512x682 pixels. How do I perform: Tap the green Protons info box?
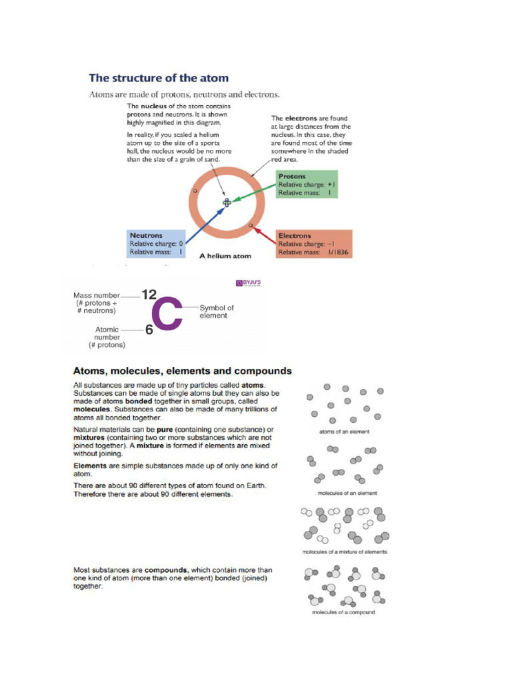[x=306, y=184]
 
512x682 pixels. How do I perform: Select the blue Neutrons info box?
[x=156, y=244]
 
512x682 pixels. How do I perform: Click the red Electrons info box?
[x=313, y=244]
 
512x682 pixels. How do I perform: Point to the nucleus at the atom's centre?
[x=226, y=202]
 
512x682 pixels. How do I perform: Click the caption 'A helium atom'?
[x=225, y=255]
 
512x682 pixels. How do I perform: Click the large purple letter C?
[x=166, y=314]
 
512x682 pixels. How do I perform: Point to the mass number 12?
[x=149, y=294]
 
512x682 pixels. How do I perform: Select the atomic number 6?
[x=149, y=330]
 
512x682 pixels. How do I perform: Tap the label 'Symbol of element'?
[x=217, y=312]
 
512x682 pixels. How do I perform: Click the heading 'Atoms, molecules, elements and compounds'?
[x=182, y=371]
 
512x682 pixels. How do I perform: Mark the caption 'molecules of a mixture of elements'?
[x=345, y=551]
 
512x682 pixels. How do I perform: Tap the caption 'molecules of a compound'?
[x=343, y=612]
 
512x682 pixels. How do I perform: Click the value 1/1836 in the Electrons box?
[x=338, y=253]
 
